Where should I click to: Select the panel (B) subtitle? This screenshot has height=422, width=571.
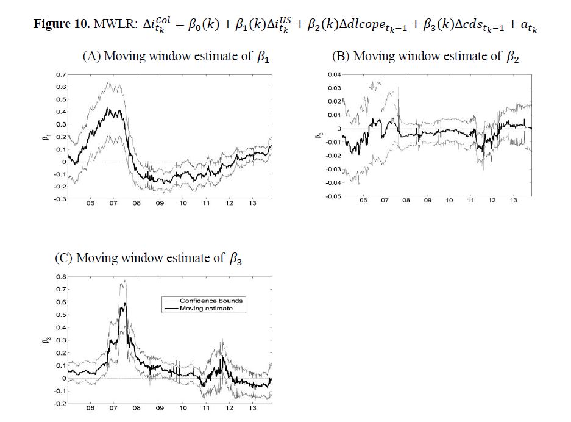(x=425, y=57)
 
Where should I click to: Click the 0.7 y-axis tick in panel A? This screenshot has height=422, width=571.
(x=59, y=74)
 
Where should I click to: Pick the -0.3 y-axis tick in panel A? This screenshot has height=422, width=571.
(x=58, y=199)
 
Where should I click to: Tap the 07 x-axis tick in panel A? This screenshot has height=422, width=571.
(x=113, y=203)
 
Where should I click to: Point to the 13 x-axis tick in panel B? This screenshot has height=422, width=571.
(x=513, y=201)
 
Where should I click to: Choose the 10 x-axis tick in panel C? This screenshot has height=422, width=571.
(x=183, y=408)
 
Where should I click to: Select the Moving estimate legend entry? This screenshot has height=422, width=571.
(x=206, y=309)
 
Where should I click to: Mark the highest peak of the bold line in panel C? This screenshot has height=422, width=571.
(x=125, y=304)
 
